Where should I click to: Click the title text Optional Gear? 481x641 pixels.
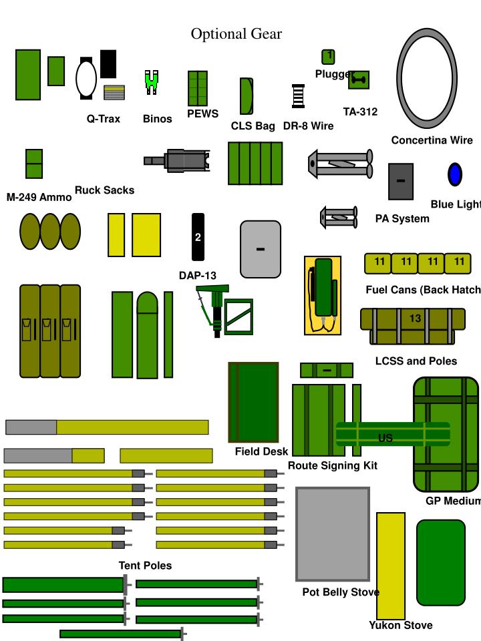coord(236,34)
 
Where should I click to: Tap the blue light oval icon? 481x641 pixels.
coord(455,174)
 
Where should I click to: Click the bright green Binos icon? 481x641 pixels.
coord(152,81)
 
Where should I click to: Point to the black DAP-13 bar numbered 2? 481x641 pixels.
coord(198,237)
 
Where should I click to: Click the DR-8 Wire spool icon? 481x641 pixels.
coord(299,96)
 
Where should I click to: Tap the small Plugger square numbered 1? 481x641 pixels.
coord(328,57)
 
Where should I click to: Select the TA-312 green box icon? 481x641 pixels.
coord(359,80)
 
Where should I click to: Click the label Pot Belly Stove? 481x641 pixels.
coord(341,592)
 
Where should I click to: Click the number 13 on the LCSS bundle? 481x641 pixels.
coord(416,318)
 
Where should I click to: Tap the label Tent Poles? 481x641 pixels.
coord(145,566)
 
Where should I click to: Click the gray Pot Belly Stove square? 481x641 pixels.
coord(333,534)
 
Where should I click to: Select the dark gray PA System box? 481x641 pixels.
coord(401,181)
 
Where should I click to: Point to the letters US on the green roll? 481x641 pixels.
coord(385,438)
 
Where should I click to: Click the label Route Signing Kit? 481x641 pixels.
coord(333,465)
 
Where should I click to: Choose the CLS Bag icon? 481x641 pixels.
coord(247,96)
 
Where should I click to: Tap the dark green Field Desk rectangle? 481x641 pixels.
coord(253,402)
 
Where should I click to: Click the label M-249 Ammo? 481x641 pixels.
coord(39,197)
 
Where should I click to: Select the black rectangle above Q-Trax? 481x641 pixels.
coord(108,63)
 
